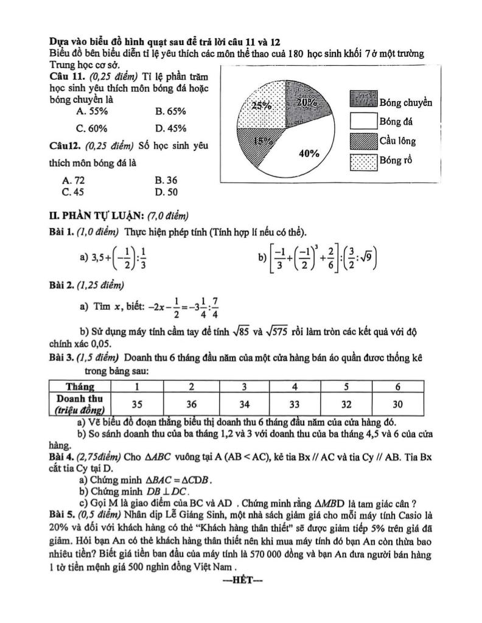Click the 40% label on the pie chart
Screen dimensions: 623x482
pyautogui.click(x=309, y=153)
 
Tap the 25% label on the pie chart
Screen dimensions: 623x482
pyautogui.click(x=262, y=105)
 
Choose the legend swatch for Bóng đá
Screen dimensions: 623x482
pyautogui.click(x=363, y=121)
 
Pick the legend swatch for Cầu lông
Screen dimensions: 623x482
pyautogui.click(x=363, y=141)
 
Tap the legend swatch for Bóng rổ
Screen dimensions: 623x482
pyautogui.click(x=363, y=161)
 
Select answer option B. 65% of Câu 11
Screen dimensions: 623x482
pyautogui.click(x=170, y=111)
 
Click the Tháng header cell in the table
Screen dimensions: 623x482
pyautogui.click(x=80, y=386)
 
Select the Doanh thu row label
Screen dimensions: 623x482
pyautogui.click(x=80, y=403)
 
